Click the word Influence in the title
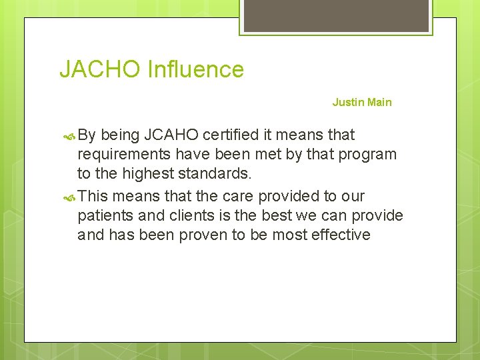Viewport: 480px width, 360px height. click(196, 69)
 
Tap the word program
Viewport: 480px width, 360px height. click(367, 155)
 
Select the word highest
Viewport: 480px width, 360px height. click(143, 174)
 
